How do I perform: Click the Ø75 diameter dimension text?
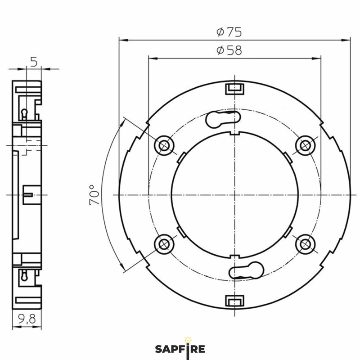[x=229, y=32]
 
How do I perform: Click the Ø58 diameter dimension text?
[x=229, y=50]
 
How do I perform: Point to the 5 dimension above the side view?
[x=34, y=61]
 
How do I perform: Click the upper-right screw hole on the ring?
[x=306, y=145]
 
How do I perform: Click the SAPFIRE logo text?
[x=180, y=349]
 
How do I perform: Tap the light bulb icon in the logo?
[x=188, y=338]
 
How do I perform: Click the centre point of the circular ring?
[x=234, y=194]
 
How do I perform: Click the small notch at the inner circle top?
[x=234, y=133]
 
